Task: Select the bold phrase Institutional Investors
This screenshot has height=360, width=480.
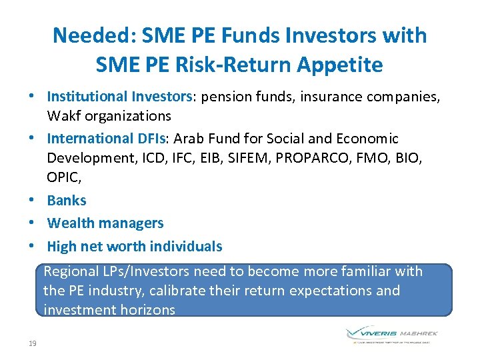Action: (x=119, y=97)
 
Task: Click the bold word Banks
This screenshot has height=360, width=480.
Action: (x=67, y=200)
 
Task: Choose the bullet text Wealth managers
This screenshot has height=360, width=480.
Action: (x=105, y=223)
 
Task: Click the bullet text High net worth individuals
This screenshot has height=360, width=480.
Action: (x=135, y=246)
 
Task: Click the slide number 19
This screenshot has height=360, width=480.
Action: (x=33, y=343)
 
